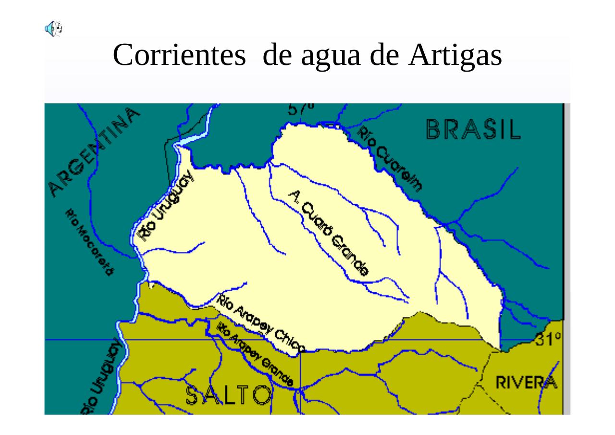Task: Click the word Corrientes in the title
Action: pyautogui.click(x=179, y=55)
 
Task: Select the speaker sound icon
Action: pyautogui.click(x=53, y=29)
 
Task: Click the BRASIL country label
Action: pyautogui.click(x=473, y=129)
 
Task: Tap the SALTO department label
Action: pyautogui.click(x=228, y=395)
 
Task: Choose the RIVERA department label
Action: pyautogui.click(x=527, y=383)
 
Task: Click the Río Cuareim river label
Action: pyautogui.click(x=391, y=159)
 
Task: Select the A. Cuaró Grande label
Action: pyautogui.click(x=329, y=232)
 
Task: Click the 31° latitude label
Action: pyautogui.click(x=548, y=339)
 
